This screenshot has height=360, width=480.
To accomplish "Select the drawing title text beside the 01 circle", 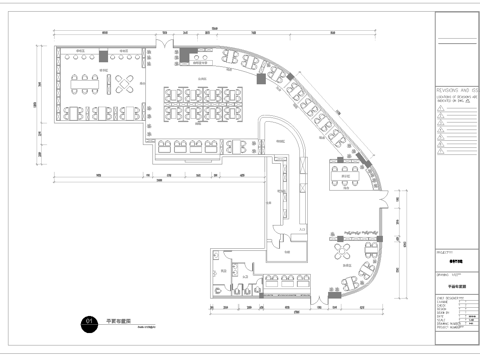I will point(120,320).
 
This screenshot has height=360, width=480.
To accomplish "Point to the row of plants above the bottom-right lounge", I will point(355,234).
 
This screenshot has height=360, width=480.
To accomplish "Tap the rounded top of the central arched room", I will point(280,126).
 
